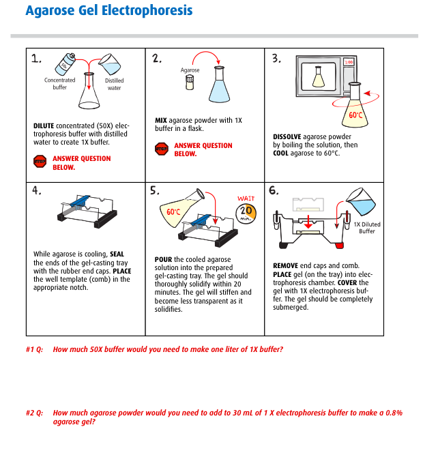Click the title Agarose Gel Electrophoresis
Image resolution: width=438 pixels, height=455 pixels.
pyautogui.click(x=108, y=11)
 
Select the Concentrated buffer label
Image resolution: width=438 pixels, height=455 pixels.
pyautogui.click(x=59, y=84)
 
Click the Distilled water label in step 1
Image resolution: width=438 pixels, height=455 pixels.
pyautogui.click(x=114, y=84)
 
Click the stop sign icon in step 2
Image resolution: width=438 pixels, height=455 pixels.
pyautogui.click(x=162, y=149)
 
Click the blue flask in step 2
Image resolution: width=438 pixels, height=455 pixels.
pyautogui.click(x=219, y=85)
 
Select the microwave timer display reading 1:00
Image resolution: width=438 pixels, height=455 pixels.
pyautogui.click(x=349, y=62)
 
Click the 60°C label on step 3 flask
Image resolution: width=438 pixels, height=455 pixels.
pyautogui.click(x=355, y=115)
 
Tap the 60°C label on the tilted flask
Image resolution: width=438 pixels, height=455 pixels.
pyautogui.click(x=174, y=212)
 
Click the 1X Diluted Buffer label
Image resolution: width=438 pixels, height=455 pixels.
pyautogui.click(x=367, y=228)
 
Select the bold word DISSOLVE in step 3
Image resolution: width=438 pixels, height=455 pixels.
pyautogui.click(x=287, y=136)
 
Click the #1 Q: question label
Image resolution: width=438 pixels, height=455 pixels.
pyautogui.click(x=34, y=349)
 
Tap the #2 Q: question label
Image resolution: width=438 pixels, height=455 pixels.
pyautogui.click(x=34, y=413)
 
